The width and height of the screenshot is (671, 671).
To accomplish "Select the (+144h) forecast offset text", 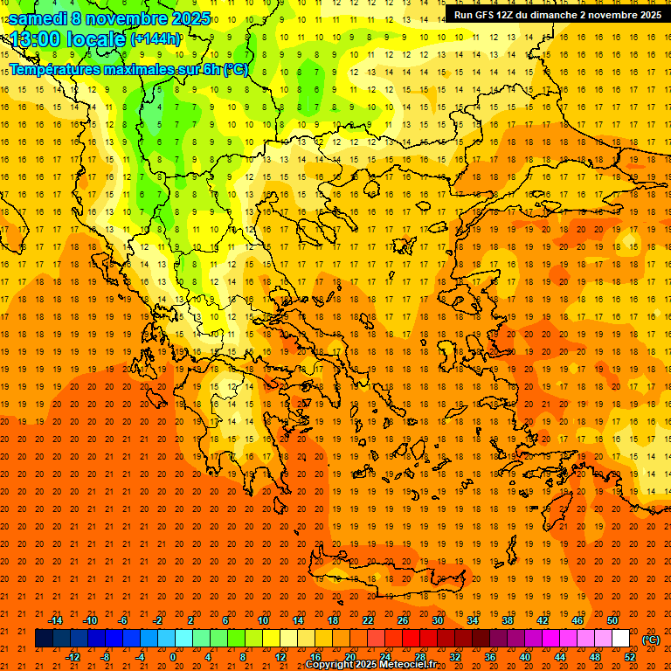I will [x=156, y=39].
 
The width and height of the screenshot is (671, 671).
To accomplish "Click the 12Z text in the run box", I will [x=511, y=15].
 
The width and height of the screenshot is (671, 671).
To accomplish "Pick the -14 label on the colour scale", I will [x=55, y=620].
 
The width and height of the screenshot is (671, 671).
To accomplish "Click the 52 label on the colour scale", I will [x=630, y=656].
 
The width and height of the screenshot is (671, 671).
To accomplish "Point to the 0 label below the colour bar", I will [x=173, y=656].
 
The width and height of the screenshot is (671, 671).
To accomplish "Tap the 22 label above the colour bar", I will [x=368, y=620].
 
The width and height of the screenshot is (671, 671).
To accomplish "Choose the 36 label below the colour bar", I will [x=489, y=656].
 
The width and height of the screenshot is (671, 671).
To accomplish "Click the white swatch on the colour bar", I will [x=620, y=639].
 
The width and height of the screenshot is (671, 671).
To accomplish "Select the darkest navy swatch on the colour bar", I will [x=44, y=639].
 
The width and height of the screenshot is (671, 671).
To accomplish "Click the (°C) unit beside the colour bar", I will [x=651, y=640].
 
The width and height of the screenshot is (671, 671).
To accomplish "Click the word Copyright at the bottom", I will [x=330, y=665].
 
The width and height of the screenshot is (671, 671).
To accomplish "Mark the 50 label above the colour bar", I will [x=612, y=620].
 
